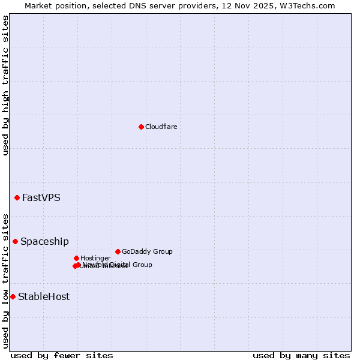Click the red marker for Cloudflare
click(141, 127)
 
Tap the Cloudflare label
click(161, 127)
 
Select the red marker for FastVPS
click(17, 197)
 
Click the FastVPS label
click(41, 197)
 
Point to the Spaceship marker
click(15, 241)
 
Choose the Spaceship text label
click(44, 241)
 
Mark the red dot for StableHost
click(13, 296)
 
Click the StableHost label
click(44, 296)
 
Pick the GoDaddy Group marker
click(118, 251)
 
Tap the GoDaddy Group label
click(147, 251)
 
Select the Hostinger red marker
click(76, 258)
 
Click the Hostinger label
click(96, 258)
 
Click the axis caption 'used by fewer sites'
click(62, 356)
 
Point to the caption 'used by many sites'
click(301, 356)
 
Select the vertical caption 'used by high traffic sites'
click(5, 85)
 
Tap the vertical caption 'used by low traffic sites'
click(5, 280)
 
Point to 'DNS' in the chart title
click(125, 5)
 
